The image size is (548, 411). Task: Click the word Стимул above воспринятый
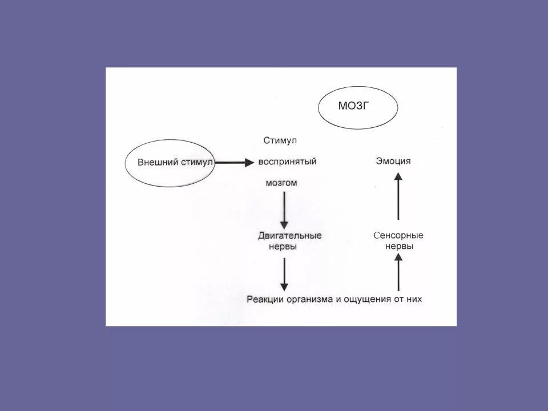point(280,140)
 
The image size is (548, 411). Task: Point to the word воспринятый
point(287,162)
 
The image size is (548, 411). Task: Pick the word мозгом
point(281,183)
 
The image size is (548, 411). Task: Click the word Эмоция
point(393,162)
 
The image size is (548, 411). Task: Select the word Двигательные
point(290,235)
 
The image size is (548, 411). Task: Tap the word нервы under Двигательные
point(283,247)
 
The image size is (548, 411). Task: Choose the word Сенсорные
point(398,235)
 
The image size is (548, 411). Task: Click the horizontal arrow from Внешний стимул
point(234,162)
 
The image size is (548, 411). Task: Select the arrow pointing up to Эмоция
point(398,197)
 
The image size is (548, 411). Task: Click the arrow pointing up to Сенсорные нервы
point(398,272)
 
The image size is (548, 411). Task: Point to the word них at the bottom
point(413,299)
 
